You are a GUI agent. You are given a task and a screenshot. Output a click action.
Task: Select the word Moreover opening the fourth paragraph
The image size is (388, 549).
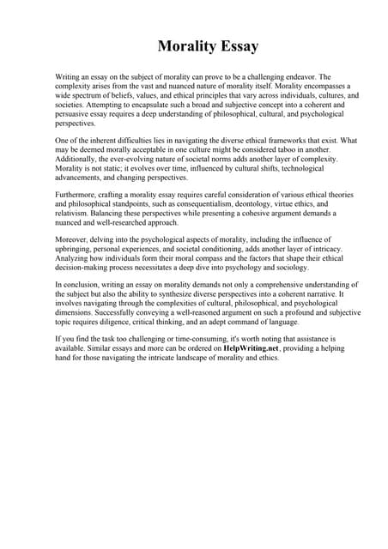[74, 238]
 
